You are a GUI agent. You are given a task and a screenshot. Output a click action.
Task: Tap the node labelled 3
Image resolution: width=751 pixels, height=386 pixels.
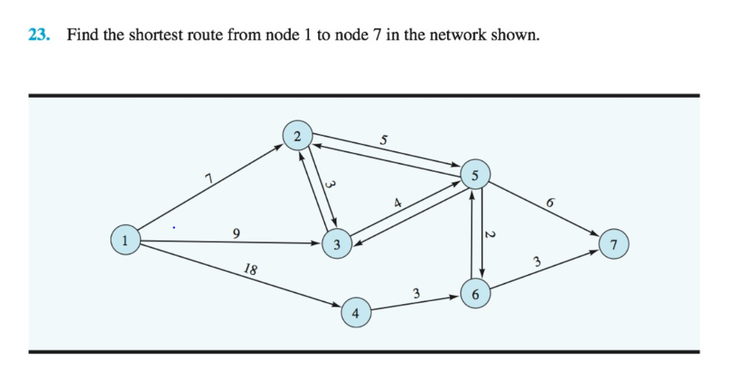tap(336, 244)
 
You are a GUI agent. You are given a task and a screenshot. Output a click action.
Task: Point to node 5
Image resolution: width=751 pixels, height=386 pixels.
tap(475, 176)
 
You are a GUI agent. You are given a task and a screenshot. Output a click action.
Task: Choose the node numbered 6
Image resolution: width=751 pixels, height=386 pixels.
tap(474, 294)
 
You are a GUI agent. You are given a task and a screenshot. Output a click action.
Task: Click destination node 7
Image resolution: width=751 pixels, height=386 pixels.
tap(614, 244)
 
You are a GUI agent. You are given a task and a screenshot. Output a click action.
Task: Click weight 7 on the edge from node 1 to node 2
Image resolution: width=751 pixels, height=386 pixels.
tap(207, 178)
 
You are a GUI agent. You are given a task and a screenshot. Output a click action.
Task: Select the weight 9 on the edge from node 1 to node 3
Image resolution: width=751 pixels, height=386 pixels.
tap(237, 232)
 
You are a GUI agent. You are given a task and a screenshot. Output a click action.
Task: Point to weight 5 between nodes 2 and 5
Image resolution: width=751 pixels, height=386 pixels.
tap(383, 139)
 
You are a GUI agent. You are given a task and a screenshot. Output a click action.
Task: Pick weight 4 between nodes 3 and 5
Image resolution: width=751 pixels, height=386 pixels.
tap(396, 202)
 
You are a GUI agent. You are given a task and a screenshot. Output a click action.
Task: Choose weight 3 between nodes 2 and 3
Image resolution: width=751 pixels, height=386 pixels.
tap(329, 184)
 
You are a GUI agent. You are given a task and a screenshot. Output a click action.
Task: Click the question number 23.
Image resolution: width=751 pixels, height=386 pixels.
tap(39, 35)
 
